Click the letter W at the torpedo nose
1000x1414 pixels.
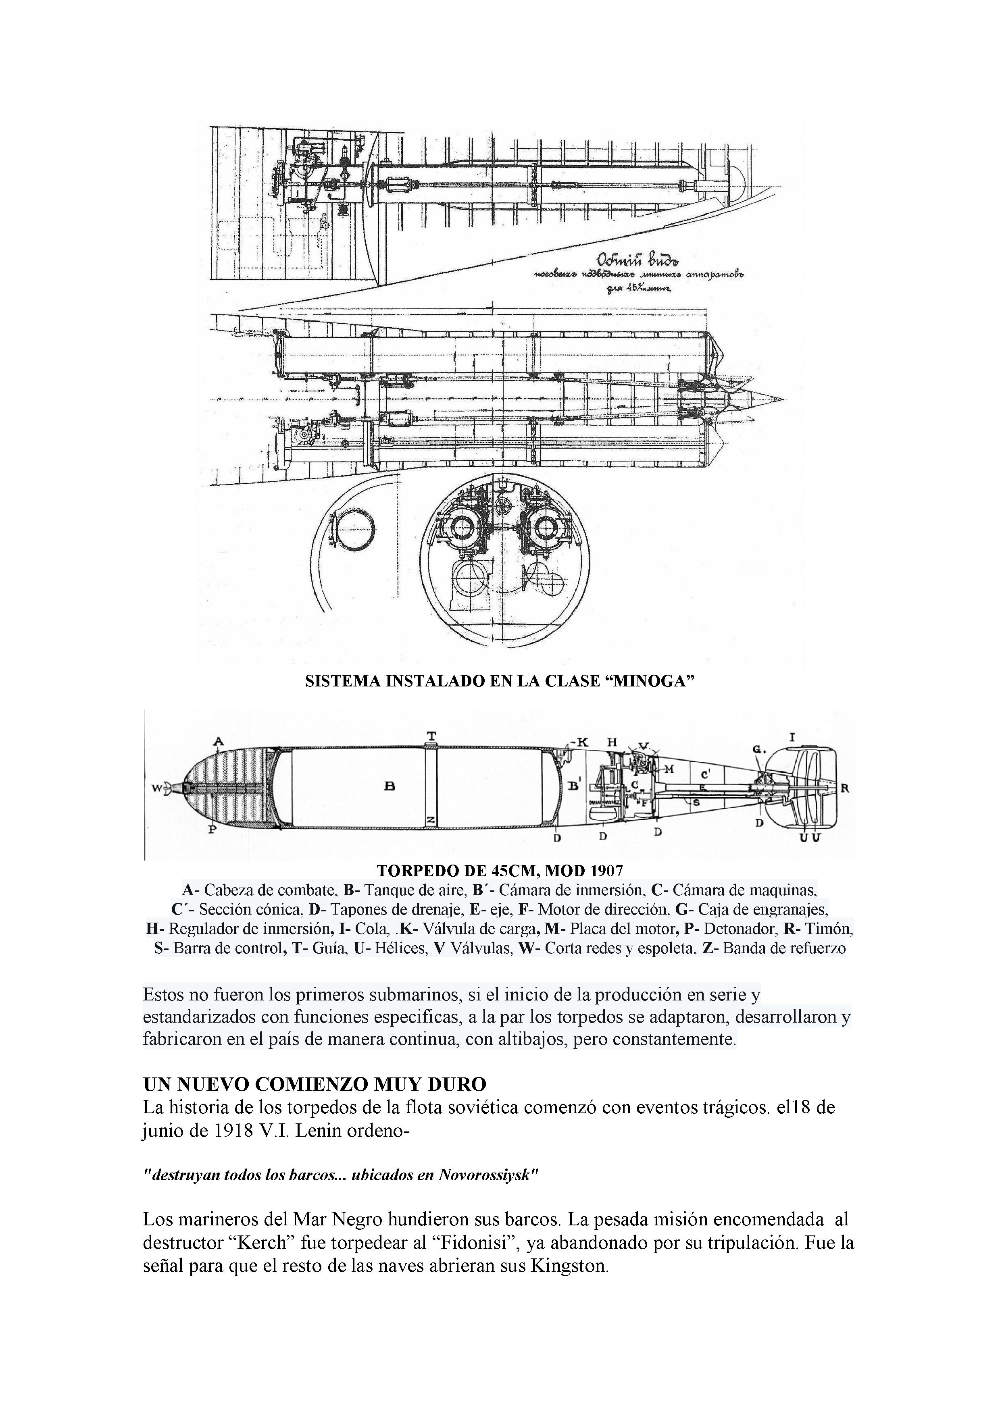[x=156, y=788]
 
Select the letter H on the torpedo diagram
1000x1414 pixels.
[x=612, y=743]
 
